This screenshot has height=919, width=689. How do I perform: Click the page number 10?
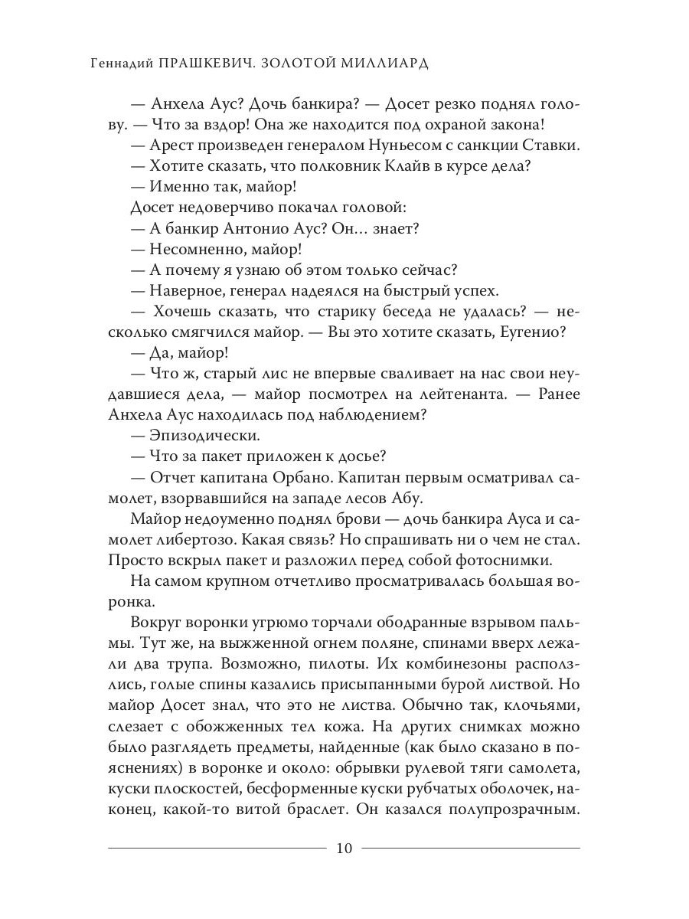click(x=344, y=848)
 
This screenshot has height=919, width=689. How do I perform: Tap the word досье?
click(x=358, y=457)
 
